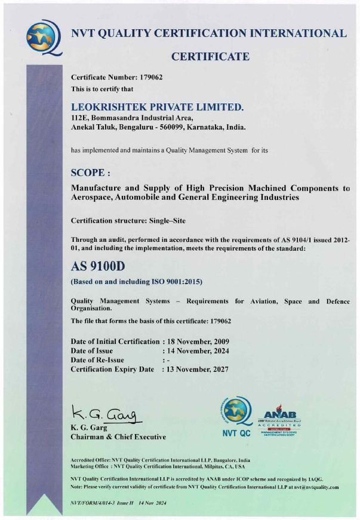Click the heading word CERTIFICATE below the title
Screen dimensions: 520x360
tap(210, 57)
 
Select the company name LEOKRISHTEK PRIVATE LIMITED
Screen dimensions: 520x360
tap(158, 107)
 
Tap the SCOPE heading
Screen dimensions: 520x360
tap(91, 173)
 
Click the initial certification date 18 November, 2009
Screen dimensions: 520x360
tap(197, 341)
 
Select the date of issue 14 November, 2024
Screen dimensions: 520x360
tap(197, 351)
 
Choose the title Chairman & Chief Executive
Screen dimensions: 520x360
tap(118, 437)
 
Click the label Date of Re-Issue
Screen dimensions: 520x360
tap(97, 360)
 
